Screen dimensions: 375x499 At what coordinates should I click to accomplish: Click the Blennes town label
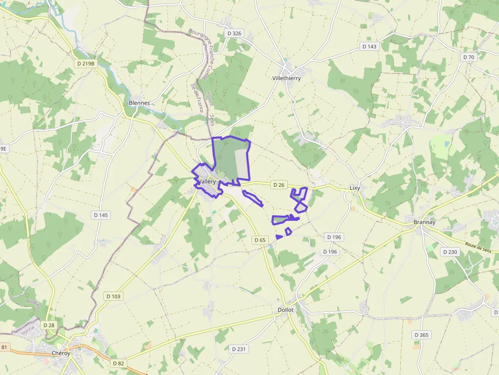(x=140, y=103)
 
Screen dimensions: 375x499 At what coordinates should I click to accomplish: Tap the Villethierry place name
(x=287, y=78)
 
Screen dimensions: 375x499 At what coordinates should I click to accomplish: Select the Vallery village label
(x=207, y=182)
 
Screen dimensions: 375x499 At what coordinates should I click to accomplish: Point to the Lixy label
(x=355, y=188)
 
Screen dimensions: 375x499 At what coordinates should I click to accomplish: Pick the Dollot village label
(x=286, y=310)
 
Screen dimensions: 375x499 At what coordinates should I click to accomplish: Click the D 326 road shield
(x=233, y=34)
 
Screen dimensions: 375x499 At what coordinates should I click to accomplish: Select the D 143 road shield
(x=370, y=46)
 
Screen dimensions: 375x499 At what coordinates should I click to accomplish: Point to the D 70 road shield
(x=468, y=57)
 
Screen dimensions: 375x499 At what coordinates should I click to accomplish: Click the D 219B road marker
(x=85, y=64)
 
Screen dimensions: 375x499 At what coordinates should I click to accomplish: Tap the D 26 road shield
(x=278, y=185)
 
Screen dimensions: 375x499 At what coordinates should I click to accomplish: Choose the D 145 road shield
(x=101, y=215)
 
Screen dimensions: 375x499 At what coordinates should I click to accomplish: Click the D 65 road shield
(x=260, y=240)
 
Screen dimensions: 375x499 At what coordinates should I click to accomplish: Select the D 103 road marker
(x=113, y=296)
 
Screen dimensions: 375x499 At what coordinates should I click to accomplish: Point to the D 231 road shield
(x=238, y=349)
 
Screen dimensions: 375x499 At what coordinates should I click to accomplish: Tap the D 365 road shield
(x=422, y=335)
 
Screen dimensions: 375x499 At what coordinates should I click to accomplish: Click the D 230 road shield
(x=450, y=252)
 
